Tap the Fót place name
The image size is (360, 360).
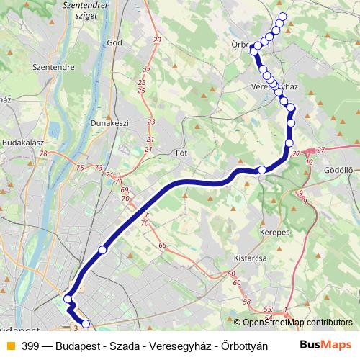[181, 153]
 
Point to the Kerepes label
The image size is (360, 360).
[274, 233]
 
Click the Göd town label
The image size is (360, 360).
[114, 42]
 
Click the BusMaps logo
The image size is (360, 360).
[325, 346]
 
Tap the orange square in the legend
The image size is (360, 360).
[10, 346]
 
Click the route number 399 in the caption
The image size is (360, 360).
[31, 346]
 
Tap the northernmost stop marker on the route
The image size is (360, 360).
[282, 17]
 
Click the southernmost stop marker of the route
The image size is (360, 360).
[86, 324]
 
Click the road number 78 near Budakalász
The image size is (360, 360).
[45, 153]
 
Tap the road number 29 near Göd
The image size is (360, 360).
[157, 40]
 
